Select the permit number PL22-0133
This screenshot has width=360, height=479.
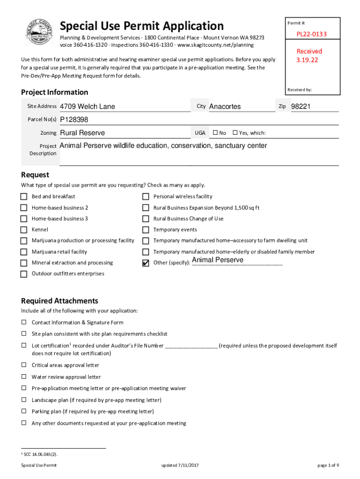(x=311, y=34)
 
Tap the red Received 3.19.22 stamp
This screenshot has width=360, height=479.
(x=309, y=56)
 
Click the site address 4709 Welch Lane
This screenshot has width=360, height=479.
(x=87, y=107)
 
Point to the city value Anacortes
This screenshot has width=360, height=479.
(x=225, y=107)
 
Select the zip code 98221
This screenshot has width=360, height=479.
(x=301, y=107)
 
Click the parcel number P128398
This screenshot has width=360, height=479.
(x=74, y=120)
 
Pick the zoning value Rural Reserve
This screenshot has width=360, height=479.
(x=82, y=133)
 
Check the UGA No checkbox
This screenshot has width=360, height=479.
(x=215, y=133)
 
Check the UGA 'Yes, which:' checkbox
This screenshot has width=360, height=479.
(x=235, y=133)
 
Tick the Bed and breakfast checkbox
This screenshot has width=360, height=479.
(x=24, y=196)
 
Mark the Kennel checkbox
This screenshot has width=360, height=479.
(x=24, y=230)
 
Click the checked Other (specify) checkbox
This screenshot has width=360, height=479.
(x=145, y=263)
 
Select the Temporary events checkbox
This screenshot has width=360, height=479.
(x=145, y=230)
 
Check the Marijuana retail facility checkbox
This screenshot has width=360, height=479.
(x=24, y=252)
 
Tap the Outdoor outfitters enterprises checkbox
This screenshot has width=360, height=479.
(x=24, y=274)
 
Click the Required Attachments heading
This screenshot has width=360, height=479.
(x=59, y=301)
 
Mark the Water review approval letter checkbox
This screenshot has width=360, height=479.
(x=23, y=377)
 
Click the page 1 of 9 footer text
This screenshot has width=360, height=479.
(x=328, y=465)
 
